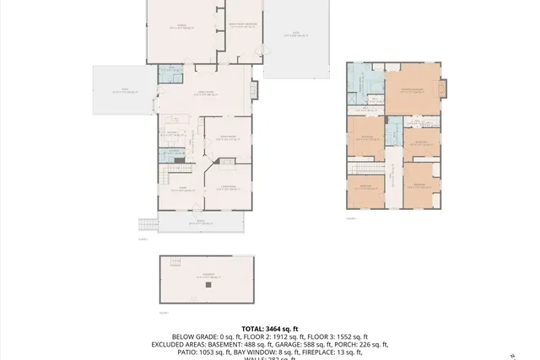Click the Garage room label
click(180, 26)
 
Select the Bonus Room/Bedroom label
click(242, 26)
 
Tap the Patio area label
click(296, 35)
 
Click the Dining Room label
click(227, 138)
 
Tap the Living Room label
click(228, 187)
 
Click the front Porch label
click(201, 223)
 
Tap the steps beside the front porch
click(148, 224)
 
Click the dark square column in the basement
click(208, 285)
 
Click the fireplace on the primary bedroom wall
click(447, 88)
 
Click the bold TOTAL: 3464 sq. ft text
click(270, 328)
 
